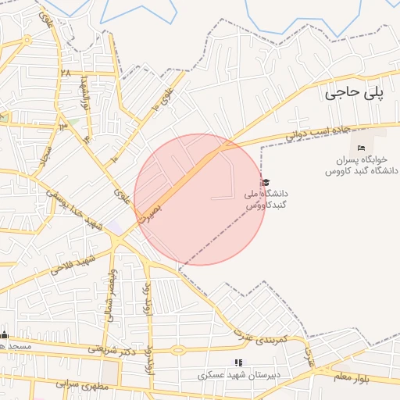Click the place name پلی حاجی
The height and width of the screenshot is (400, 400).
[x=354, y=93]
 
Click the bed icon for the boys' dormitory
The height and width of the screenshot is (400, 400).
[x=361, y=148]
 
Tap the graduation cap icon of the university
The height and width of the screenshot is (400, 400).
[x=266, y=182]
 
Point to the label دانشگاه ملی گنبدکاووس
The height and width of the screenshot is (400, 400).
[x=267, y=199]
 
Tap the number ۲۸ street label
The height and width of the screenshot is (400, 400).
[x=65, y=73]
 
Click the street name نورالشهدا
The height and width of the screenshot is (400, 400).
[x=87, y=97]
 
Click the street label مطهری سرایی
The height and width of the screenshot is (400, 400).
[x=69, y=384]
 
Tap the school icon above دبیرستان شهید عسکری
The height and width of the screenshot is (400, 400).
[x=238, y=362]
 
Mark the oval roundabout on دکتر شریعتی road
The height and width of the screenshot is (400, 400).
[x=178, y=350]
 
